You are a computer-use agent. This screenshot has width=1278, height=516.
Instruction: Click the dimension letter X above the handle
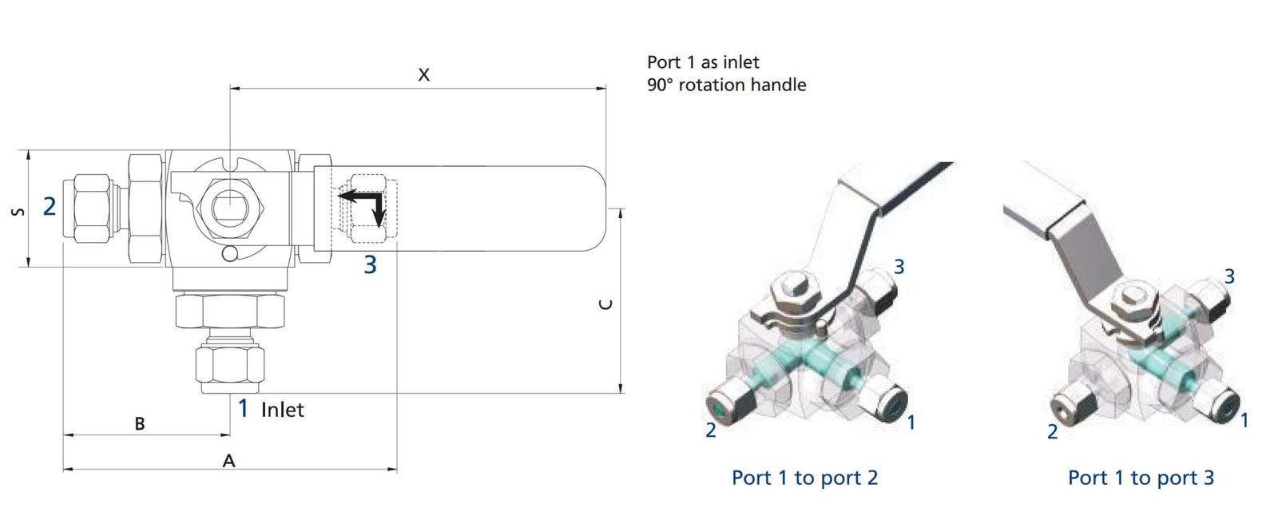[424, 75]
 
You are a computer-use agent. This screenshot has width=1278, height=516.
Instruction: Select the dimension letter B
[140, 423]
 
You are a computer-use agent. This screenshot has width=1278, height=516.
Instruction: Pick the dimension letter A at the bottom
[229, 461]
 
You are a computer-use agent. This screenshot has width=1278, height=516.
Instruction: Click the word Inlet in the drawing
[283, 410]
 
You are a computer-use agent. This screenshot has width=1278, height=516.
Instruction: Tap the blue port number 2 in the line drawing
[50, 207]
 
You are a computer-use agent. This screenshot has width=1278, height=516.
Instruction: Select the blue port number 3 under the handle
[370, 264]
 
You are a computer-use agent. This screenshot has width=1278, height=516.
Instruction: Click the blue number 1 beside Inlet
[244, 408]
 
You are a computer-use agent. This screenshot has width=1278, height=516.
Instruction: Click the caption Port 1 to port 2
[804, 478]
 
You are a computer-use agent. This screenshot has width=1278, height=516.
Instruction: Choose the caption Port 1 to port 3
[1141, 478]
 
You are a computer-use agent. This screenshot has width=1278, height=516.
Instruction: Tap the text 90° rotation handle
[726, 85]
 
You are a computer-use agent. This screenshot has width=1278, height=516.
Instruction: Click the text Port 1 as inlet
[703, 62]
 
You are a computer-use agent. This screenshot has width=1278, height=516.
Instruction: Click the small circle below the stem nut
[230, 254]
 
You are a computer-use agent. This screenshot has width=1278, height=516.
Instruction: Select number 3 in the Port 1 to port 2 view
[899, 267]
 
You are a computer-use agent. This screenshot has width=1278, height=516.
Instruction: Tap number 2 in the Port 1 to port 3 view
[1052, 432]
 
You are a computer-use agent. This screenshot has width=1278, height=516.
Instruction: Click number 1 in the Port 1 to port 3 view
[1244, 419]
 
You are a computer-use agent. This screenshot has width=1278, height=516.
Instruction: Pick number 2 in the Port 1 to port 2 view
[711, 431]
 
